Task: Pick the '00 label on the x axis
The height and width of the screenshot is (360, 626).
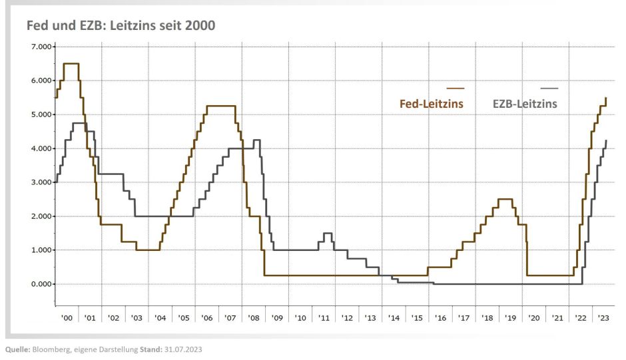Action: [x=67, y=319]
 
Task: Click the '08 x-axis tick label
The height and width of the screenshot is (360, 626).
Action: [x=254, y=319]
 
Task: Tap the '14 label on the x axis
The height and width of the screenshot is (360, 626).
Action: [x=394, y=319]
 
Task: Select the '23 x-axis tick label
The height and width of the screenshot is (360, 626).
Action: [x=603, y=319]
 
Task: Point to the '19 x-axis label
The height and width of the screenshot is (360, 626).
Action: [x=510, y=319]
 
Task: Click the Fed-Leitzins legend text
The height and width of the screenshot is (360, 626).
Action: [x=431, y=104]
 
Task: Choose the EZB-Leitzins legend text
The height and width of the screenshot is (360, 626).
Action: [x=525, y=104]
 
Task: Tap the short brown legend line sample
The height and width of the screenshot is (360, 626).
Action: [x=456, y=89]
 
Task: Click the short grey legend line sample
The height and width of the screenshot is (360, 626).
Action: [x=549, y=89]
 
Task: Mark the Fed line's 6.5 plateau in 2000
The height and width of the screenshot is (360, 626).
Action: [x=71, y=64]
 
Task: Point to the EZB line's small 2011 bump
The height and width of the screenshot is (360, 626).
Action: [x=326, y=234]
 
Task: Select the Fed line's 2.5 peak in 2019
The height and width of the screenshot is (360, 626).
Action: [x=505, y=199]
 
